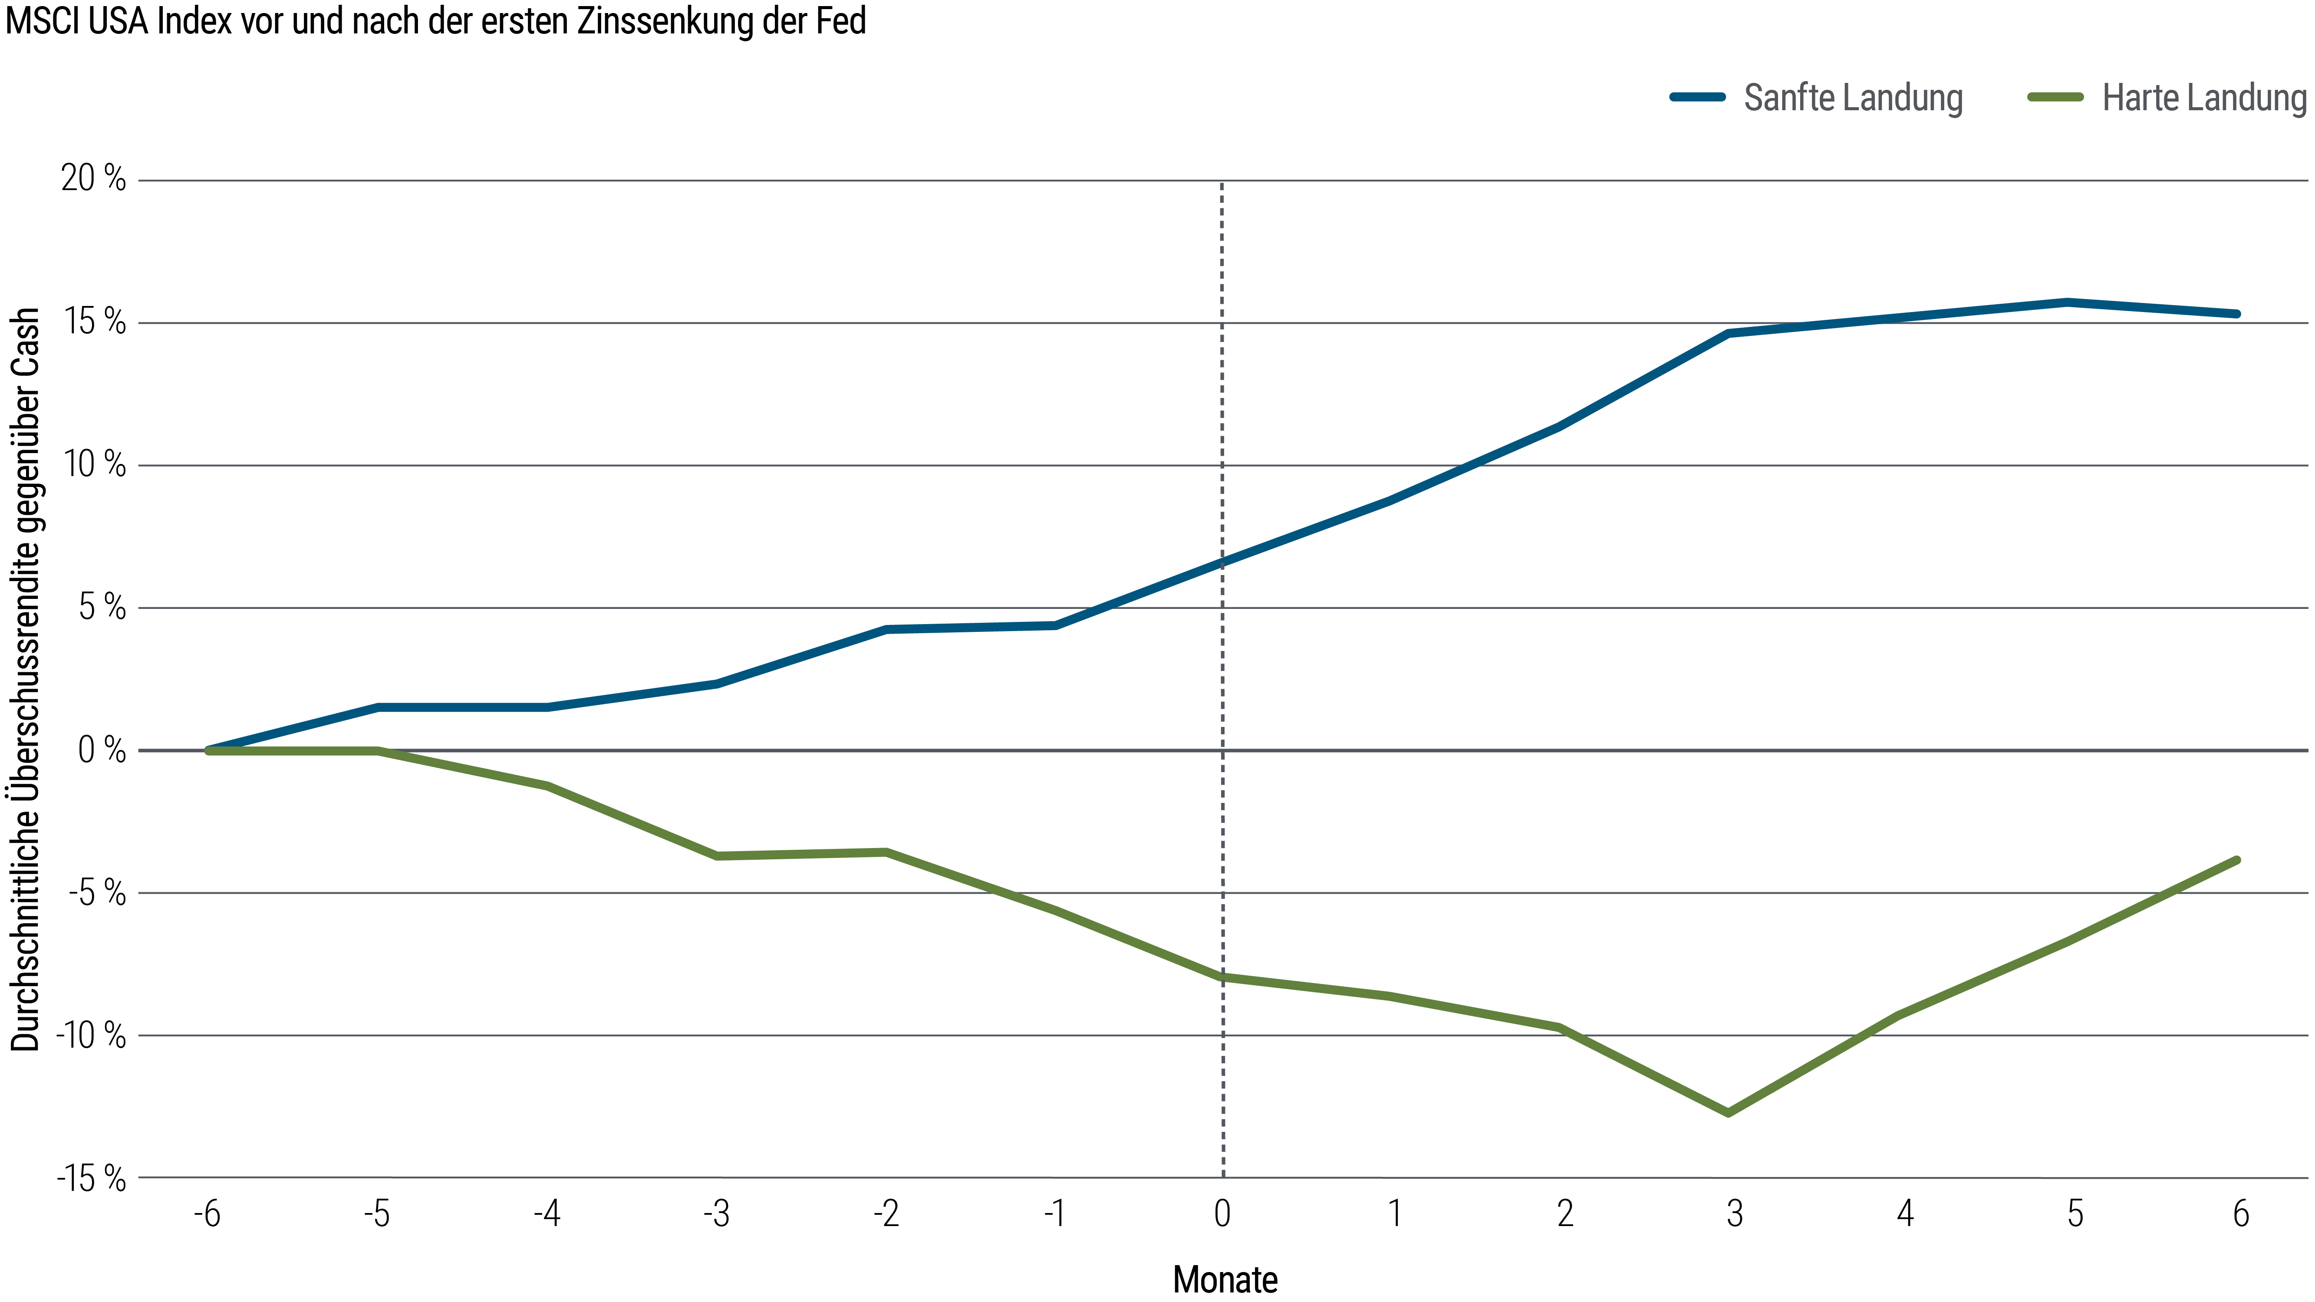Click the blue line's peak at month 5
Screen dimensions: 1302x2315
click(2067, 303)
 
